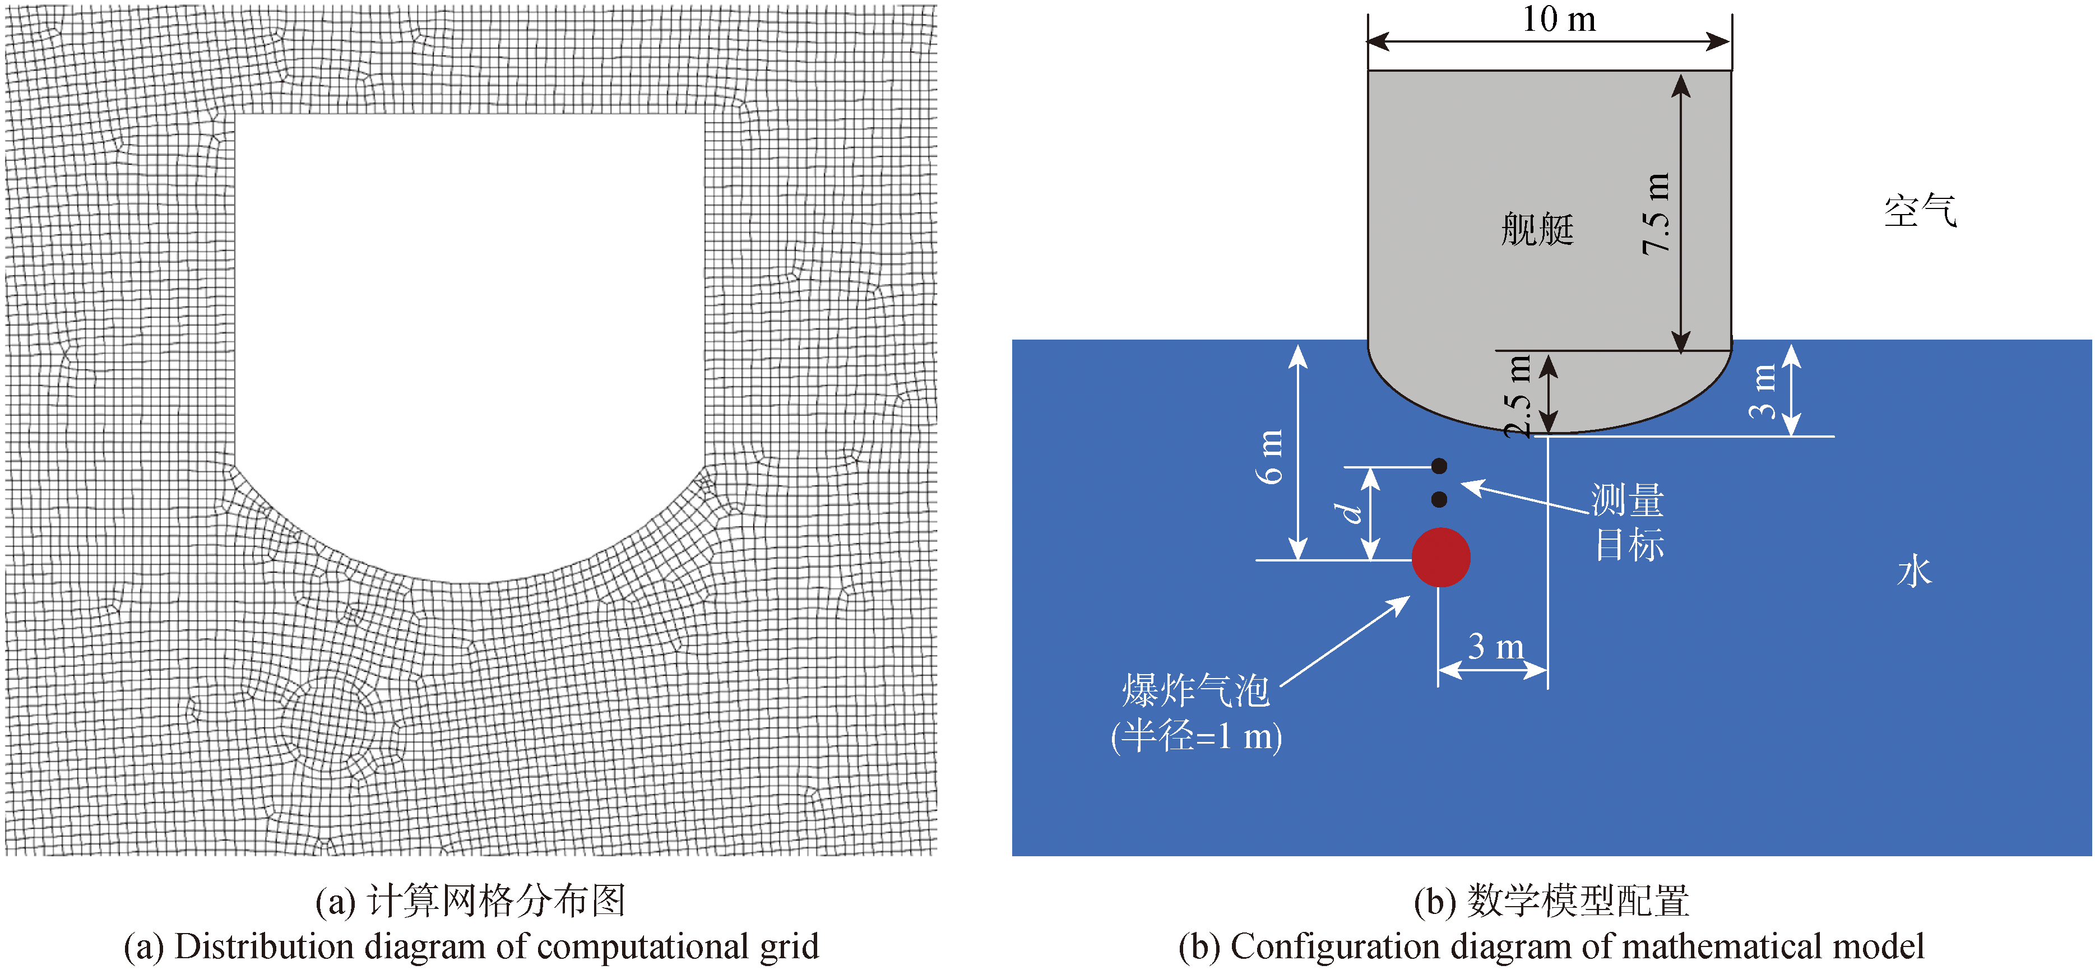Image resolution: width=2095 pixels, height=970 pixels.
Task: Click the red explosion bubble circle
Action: (x=1440, y=558)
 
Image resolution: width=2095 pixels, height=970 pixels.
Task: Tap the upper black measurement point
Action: (x=1439, y=466)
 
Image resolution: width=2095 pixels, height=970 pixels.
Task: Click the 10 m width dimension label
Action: (x=1558, y=20)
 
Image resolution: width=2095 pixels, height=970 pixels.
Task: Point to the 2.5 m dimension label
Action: (x=1518, y=396)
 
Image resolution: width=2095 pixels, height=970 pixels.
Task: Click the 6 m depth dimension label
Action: (x=1271, y=456)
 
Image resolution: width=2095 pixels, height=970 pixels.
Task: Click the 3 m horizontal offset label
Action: (x=1496, y=647)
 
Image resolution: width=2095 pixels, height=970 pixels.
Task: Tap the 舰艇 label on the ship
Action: (x=1537, y=229)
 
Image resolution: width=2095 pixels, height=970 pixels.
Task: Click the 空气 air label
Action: (x=1920, y=211)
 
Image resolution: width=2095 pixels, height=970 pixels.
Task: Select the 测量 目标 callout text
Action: (x=1628, y=522)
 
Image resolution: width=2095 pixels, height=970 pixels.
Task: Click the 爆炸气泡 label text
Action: (x=1195, y=691)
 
